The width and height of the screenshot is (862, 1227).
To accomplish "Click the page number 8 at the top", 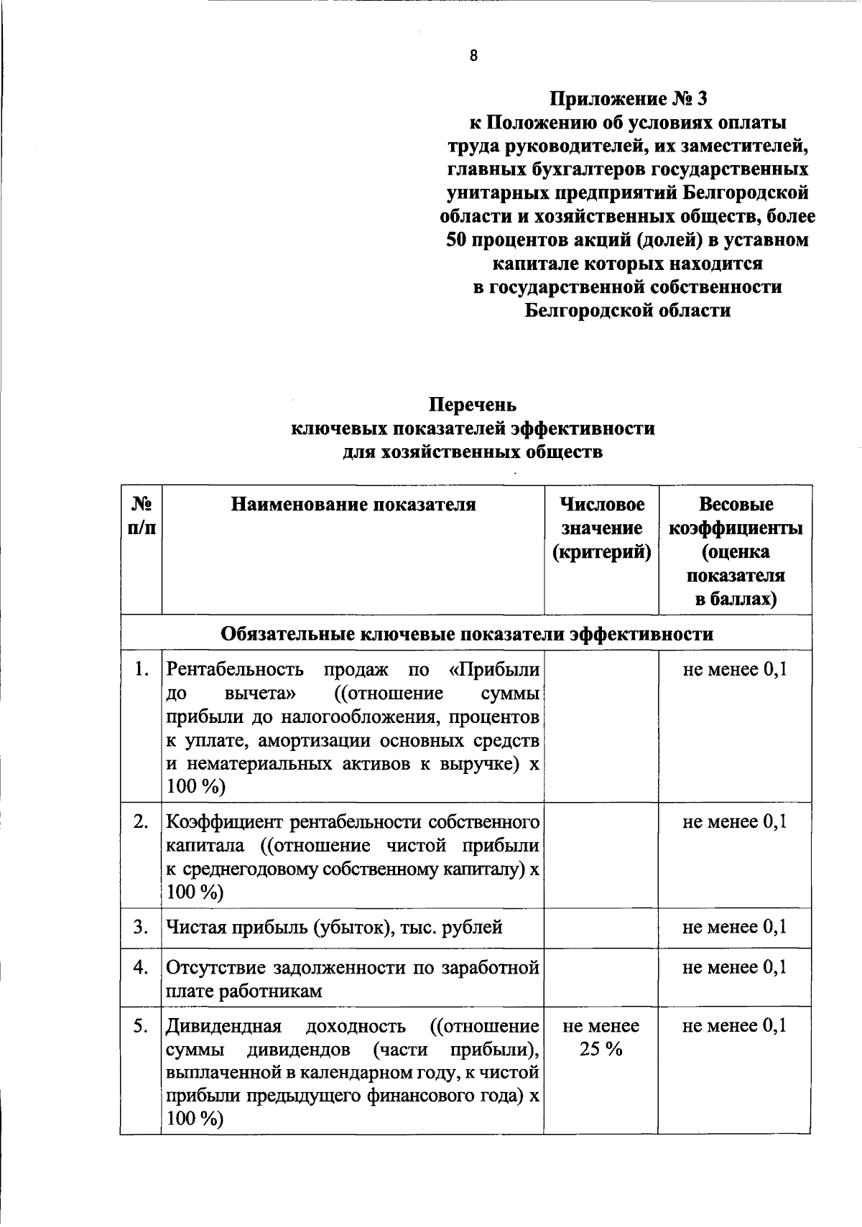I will coord(473,56).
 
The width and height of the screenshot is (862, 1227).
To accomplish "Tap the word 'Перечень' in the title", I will coord(473,405).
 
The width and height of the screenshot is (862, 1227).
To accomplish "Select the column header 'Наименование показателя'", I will coord(353,504).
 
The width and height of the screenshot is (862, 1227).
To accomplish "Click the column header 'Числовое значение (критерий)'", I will coord(601,528).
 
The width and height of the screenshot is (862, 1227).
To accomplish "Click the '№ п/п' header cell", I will coord(142,516).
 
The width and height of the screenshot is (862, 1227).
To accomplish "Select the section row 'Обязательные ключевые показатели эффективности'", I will coord(467,634).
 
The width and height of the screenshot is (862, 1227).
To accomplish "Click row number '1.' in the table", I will coord(142,670).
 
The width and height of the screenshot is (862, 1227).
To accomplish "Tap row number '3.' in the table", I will coord(142,927).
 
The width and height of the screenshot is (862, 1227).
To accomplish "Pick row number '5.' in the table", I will coord(142,1026).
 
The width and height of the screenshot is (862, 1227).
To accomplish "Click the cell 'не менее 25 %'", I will coord(601,1037).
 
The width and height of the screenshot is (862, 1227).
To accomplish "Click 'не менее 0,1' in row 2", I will coord(735,821).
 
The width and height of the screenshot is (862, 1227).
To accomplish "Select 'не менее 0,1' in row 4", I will coord(735,967).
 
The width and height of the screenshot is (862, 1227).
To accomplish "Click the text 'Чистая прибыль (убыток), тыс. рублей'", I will coord(334,928).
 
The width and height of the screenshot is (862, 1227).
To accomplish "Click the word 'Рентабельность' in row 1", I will coord(236,670).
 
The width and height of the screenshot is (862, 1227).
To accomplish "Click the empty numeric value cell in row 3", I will coord(601,928).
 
